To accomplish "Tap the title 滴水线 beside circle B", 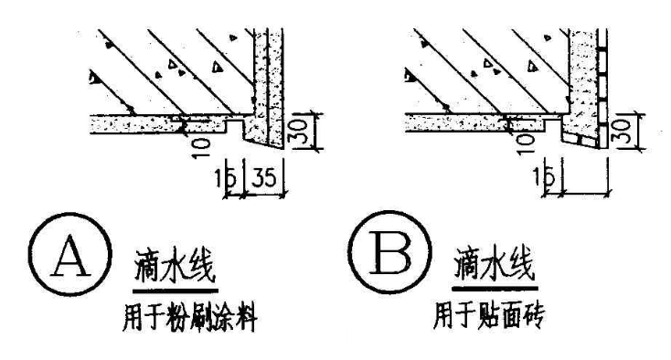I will (x=495, y=268).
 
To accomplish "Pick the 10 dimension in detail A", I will (x=202, y=144).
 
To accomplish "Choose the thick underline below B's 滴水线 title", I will (x=495, y=290).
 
